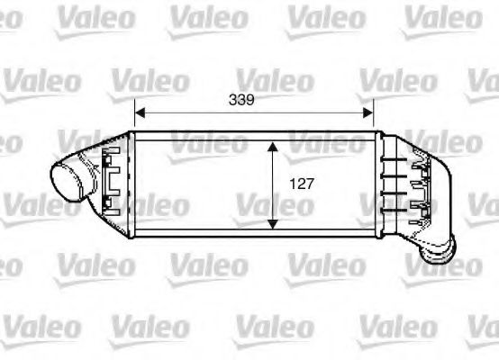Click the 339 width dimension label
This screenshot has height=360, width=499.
(x=253, y=101)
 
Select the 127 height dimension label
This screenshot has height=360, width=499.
(x=301, y=184)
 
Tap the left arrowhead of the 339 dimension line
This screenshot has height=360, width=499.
(x=139, y=114)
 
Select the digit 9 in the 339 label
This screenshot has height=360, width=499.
(x=264, y=101)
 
